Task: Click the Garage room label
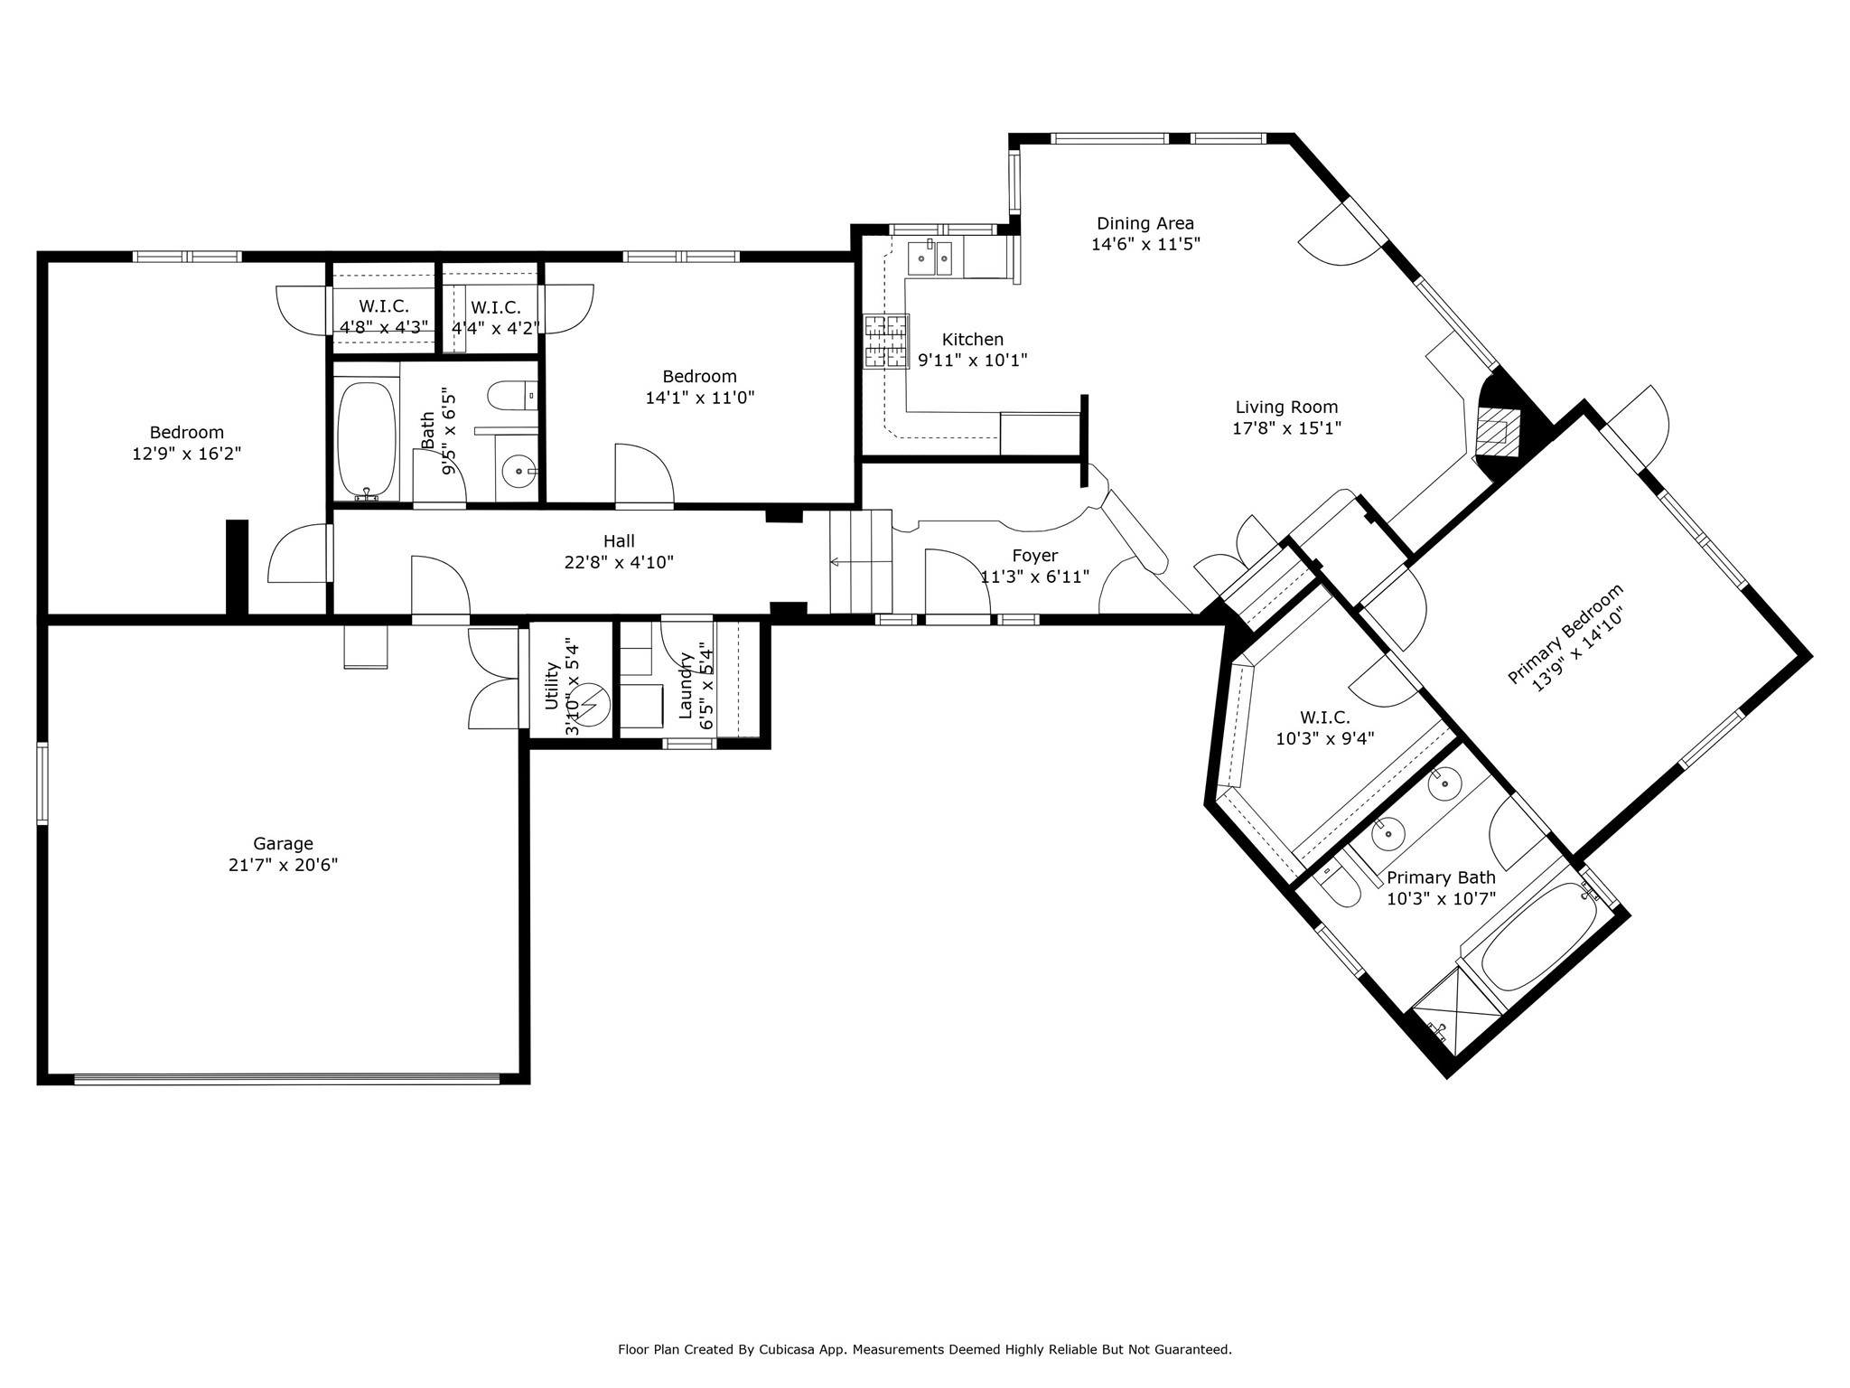tap(283, 843)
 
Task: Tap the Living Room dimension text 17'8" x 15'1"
tap(1286, 428)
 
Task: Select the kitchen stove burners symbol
tap(886, 341)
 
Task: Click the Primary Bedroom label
tap(1565, 633)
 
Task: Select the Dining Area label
tap(1145, 223)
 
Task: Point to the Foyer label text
tap(1035, 556)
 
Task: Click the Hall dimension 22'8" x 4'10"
tap(619, 562)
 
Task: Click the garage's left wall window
tap(42, 783)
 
